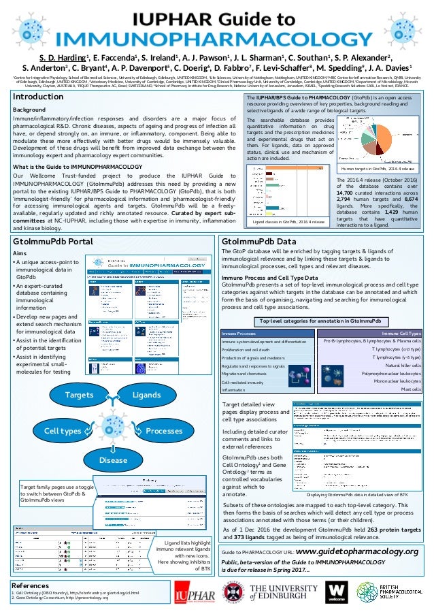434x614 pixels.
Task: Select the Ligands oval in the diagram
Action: tap(146, 394)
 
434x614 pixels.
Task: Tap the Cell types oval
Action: tap(63, 432)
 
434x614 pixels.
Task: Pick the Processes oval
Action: tap(163, 432)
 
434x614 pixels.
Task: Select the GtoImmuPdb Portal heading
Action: tap(53, 240)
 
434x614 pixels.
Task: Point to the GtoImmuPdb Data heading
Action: tap(258, 240)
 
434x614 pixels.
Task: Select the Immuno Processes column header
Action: tap(239, 332)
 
